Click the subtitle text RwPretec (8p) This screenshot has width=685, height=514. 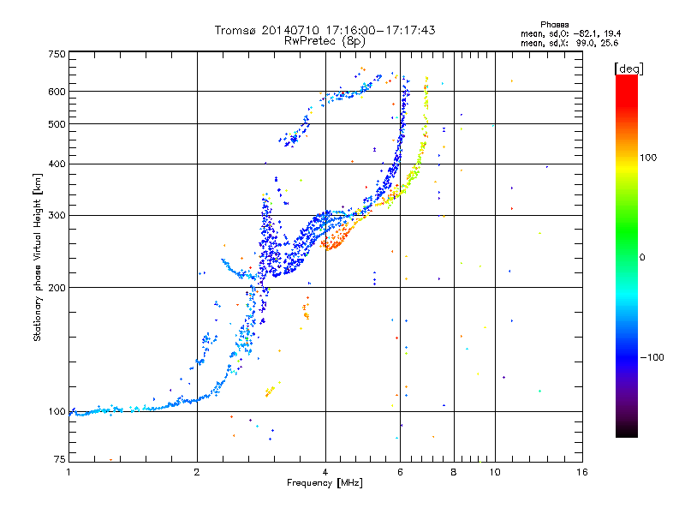[325, 41]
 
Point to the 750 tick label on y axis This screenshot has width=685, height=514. [57, 54]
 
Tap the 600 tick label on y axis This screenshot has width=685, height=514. [57, 92]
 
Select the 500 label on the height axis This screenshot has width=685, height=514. [57, 124]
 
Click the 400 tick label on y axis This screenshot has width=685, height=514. [57, 164]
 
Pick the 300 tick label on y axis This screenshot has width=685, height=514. [57, 216]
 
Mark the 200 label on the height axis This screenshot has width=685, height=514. [57, 288]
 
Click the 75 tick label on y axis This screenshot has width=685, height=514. [60, 459]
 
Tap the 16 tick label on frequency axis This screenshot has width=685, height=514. [582, 472]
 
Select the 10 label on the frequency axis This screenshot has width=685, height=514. [495, 472]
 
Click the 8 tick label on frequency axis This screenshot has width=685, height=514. [454, 472]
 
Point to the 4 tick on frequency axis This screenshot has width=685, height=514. [325, 472]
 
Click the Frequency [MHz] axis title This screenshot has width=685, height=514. [325, 483]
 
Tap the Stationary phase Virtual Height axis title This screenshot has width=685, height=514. [37, 258]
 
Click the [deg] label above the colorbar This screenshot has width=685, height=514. [628, 69]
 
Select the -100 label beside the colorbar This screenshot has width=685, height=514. [652, 357]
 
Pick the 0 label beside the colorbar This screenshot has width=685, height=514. [642, 258]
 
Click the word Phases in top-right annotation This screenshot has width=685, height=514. [554, 25]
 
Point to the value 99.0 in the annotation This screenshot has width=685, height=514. [585, 44]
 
